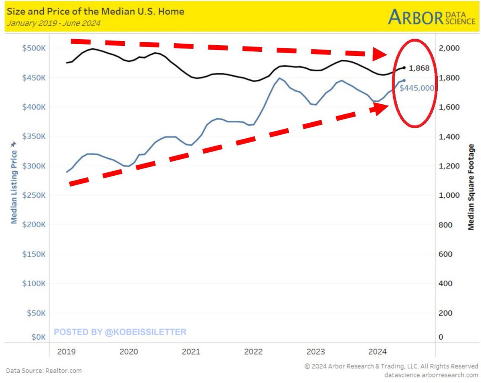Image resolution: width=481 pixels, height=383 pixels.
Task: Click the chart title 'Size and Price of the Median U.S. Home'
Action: coord(95,11)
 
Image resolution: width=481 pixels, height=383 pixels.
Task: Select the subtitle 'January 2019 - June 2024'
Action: coord(53,23)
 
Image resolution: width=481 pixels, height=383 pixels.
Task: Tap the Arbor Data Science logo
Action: coord(432,17)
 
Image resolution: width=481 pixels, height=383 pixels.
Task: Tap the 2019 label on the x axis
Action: coord(66,352)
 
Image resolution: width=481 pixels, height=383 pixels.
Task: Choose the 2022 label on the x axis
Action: coord(253,352)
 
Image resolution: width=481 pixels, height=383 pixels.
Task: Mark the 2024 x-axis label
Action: coord(377,352)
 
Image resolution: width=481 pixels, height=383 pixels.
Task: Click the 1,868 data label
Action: coord(419,68)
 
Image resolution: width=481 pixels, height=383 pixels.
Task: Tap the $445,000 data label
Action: coord(417,88)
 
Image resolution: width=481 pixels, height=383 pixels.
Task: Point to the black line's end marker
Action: coord(404,68)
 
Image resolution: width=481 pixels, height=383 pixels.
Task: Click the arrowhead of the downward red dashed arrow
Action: coord(380,54)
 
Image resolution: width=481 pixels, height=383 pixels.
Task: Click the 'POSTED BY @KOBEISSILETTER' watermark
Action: coord(120,332)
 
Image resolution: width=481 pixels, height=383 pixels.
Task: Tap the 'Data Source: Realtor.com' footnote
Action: coord(44,371)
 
